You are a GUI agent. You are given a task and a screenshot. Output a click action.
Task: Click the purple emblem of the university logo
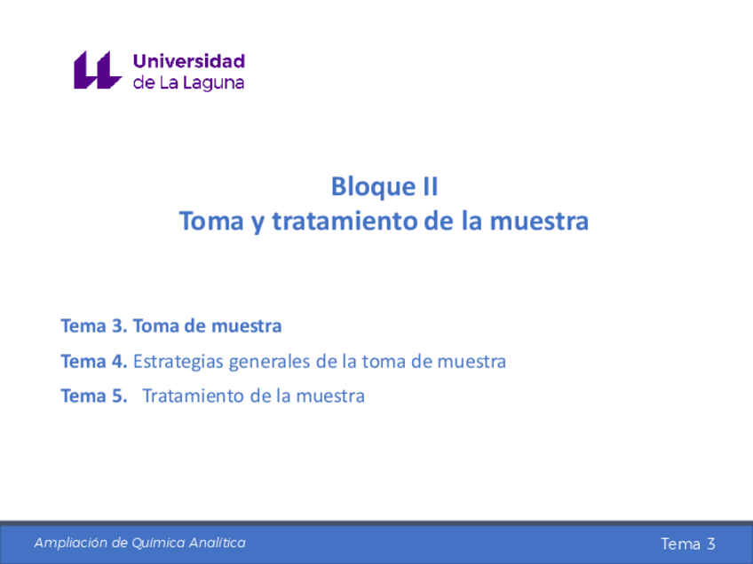[97, 70]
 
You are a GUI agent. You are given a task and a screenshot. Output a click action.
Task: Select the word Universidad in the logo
[188, 61]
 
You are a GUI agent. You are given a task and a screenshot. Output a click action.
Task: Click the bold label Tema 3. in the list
[94, 326]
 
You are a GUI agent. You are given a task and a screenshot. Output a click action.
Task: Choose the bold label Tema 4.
[94, 362]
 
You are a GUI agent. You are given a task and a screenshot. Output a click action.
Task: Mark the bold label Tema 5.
[94, 396]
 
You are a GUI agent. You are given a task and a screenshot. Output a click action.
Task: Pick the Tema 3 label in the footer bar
[687, 544]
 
